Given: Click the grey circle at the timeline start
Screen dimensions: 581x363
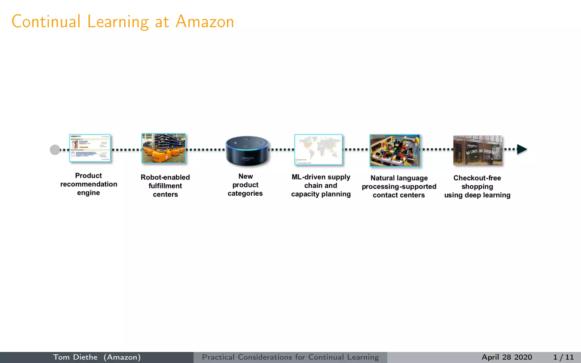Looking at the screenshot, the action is click(55, 149).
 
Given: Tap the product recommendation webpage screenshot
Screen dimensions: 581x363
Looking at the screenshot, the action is click(90, 148).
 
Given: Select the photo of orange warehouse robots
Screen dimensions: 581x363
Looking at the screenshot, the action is click(164, 148).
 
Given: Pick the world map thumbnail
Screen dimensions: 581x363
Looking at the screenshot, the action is click(318, 149).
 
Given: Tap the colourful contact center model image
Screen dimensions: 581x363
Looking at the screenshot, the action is click(395, 150).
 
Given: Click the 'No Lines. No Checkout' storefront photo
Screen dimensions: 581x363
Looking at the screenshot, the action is click(478, 150).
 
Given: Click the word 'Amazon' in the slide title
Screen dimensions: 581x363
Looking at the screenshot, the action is click(205, 22).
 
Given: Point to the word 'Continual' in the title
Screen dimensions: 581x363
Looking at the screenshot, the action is click(46, 22).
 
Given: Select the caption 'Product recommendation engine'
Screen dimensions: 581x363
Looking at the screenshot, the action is click(89, 184).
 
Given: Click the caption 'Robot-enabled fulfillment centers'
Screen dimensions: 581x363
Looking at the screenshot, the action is click(165, 186).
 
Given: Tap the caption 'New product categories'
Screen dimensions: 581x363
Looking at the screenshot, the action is click(245, 185).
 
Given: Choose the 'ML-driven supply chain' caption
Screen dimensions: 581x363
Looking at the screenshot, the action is click(321, 185).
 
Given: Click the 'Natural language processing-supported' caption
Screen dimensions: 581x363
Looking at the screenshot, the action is click(399, 186).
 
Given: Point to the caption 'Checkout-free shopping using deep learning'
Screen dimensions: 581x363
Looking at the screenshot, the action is click(477, 186).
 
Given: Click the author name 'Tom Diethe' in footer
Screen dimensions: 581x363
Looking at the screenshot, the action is click(75, 357).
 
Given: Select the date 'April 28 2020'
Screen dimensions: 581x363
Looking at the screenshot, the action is click(507, 357).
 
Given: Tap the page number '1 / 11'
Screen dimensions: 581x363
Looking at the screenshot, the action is click(563, 357).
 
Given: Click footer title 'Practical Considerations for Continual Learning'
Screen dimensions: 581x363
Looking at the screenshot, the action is click(290, 357).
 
